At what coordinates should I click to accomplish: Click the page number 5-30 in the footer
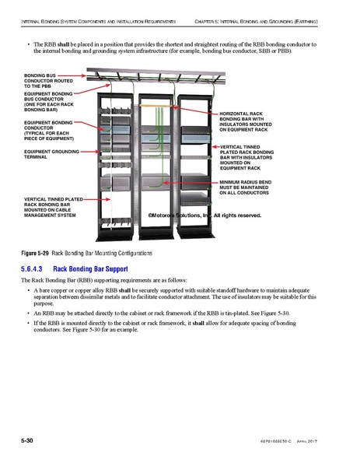(26, 441)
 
